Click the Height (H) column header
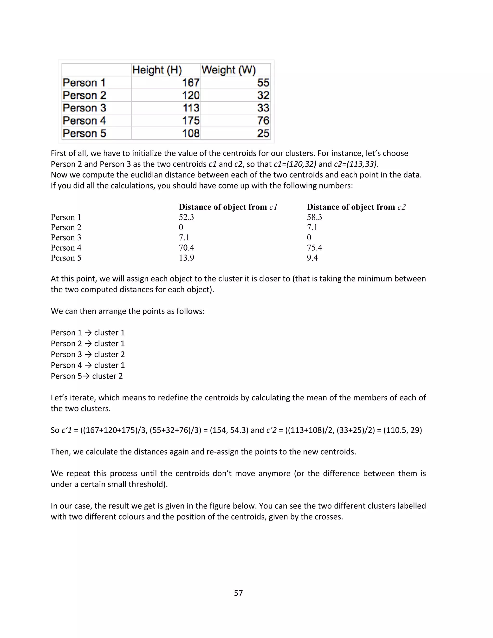click(x=157, y=70)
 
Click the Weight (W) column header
click(x=228, y=70)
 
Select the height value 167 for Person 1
click(x=191, y=83)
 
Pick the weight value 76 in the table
click(x=263, y=121)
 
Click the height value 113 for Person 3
click(x=191, y=108)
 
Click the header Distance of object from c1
click(x=228, y=207)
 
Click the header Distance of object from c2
click(x=356, y=207)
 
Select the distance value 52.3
click(x=186, y=217)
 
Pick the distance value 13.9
click(x=186, y=258)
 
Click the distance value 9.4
click(x=312, y=258)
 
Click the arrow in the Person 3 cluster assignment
click(x=88, y=354)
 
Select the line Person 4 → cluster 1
click(x=88, y=365)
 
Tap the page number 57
click(x=238, y=593)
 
